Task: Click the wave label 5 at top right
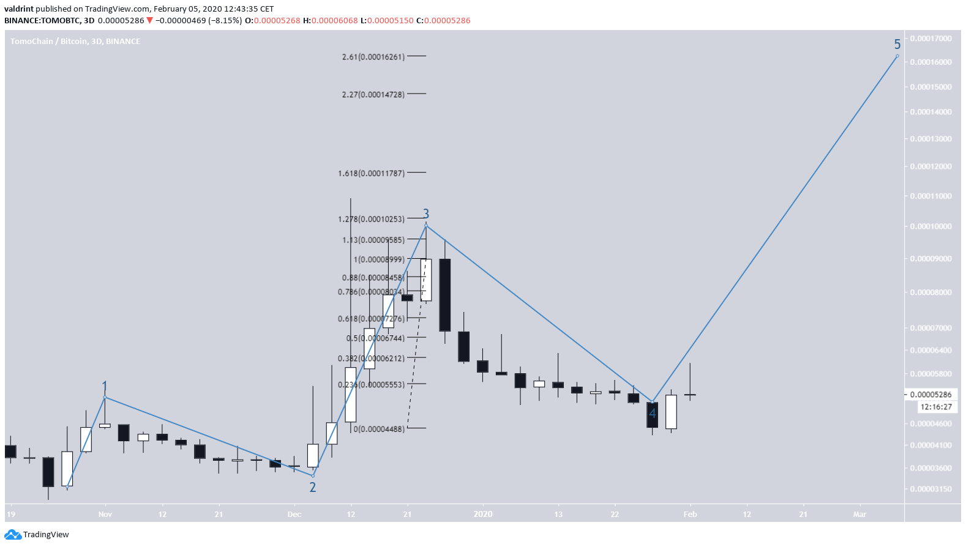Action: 897,44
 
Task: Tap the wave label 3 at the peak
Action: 426,214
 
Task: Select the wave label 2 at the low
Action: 313,487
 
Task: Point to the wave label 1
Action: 105,387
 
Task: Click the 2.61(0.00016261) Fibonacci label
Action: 373,57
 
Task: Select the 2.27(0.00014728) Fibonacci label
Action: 373,94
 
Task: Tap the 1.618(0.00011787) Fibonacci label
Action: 371,173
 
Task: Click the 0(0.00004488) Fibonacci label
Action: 379,429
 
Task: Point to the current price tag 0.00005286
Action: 930,395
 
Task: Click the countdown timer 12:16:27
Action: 936,407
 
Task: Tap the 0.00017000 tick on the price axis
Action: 930,39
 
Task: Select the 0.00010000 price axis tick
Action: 930,226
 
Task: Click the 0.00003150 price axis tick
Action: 930,489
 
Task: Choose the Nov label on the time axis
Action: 105,515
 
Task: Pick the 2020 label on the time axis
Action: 483,514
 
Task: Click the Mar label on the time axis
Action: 859,515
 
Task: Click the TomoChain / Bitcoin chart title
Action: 75,42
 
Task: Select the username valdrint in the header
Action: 18,9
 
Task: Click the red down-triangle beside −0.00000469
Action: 149,21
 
